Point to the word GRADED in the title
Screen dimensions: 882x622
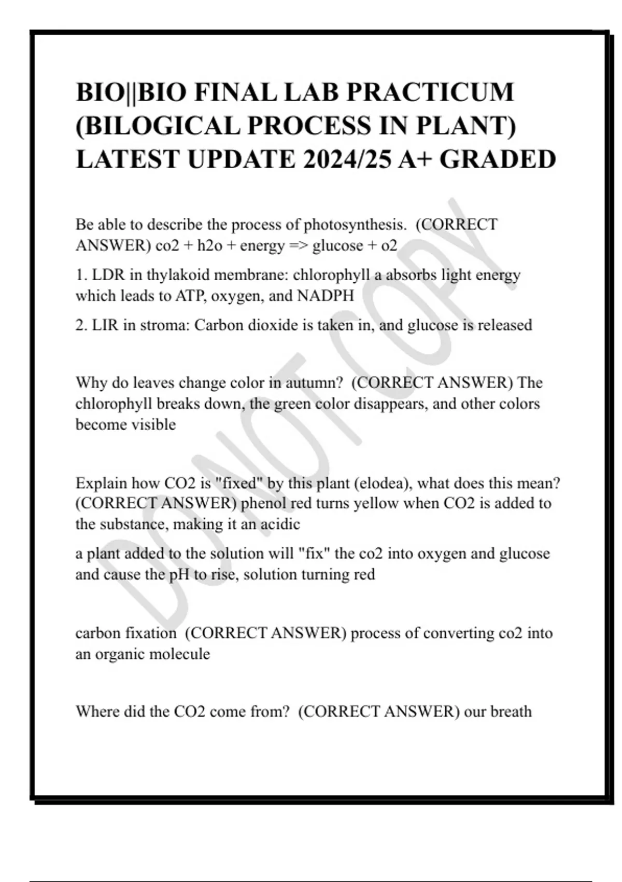[x=498, y=159]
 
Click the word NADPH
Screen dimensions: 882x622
[x=326, y=296]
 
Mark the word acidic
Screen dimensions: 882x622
[x=280, y=524]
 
